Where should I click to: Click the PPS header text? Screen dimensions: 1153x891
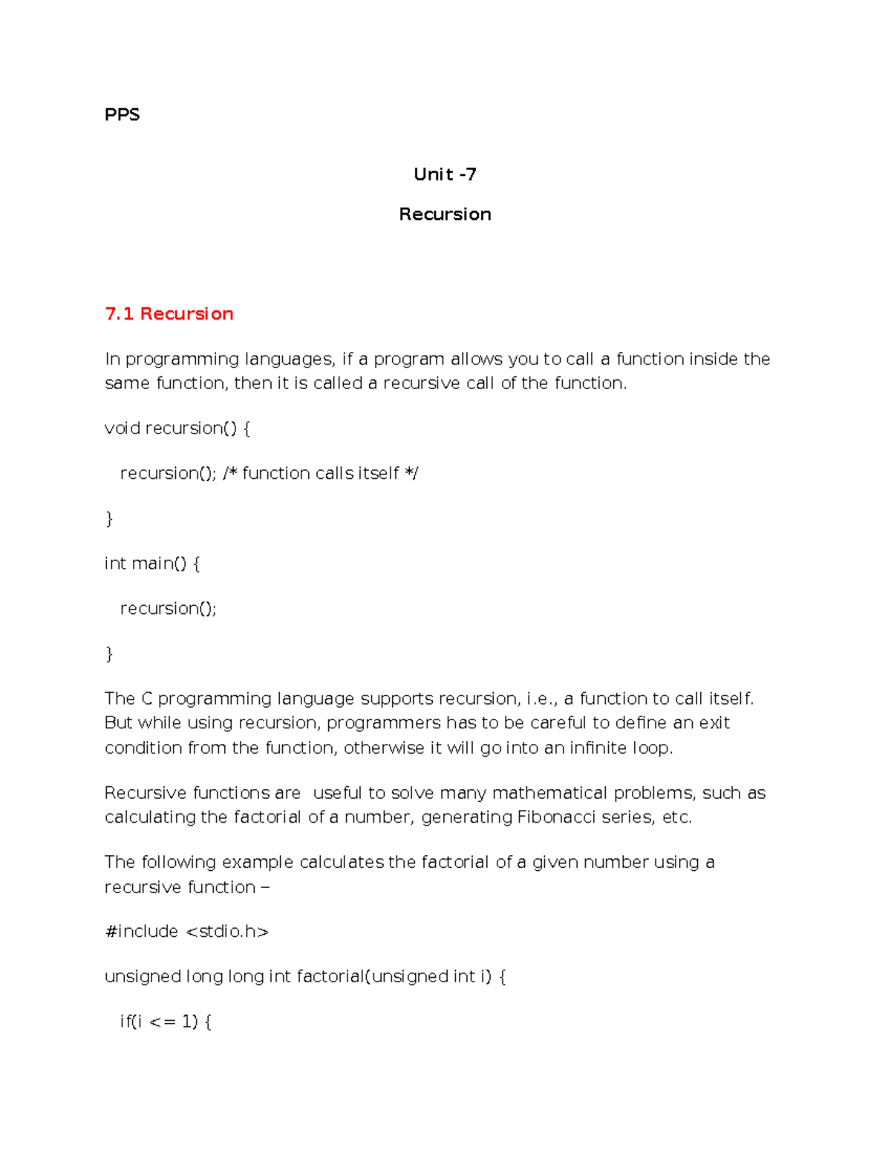pos(122,114)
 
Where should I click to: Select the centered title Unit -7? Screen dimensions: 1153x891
pos(445,174)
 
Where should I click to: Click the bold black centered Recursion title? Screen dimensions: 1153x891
pos(445,215)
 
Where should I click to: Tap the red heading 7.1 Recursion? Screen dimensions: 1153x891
pos(169,314)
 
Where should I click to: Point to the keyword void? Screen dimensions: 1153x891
pos(122,428)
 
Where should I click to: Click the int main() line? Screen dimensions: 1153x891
pos(152,564)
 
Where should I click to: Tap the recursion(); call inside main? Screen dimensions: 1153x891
pos(168,609)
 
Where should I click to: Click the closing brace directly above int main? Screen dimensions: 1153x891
pos(109,519)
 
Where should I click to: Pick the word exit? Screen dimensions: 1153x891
pos(714,723)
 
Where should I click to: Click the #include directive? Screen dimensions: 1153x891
pos(142,932)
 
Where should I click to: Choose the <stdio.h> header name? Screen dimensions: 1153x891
pos(227,932)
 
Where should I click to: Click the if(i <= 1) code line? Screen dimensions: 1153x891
pos(166,1022)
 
